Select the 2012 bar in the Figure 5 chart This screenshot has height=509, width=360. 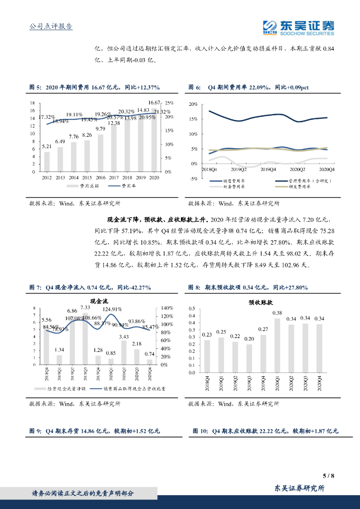(x=47, y=162)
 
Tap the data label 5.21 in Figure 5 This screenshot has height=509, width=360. (x=47, y=147)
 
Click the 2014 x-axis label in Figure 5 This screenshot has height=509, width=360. (x=74, y=177)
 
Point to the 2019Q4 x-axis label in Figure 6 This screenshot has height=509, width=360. (x=269, y=170)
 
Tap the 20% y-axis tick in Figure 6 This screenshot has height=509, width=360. (x=193, y=105)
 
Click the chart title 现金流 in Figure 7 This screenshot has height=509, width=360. (x=99, y=301)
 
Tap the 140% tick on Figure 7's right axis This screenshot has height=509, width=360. (x=166, y=309)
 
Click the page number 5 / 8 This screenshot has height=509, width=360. (x=329, y=476)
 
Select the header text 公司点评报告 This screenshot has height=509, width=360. (x=48, y=27)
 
